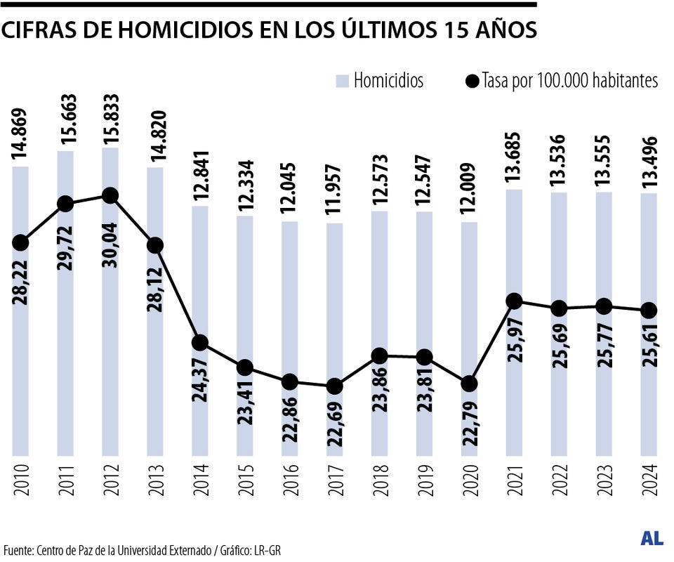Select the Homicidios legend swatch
[342, 81]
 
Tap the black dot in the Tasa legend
[472, 81]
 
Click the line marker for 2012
[110, 195]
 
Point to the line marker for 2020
[469, 384]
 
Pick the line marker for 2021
[514, 301]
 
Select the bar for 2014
[200, 393]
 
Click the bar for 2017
[335, 421]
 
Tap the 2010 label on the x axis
[20, 481]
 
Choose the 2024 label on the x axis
[649, 481]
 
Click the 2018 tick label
[380, 481]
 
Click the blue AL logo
[652, 539]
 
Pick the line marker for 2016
[290, 381]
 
